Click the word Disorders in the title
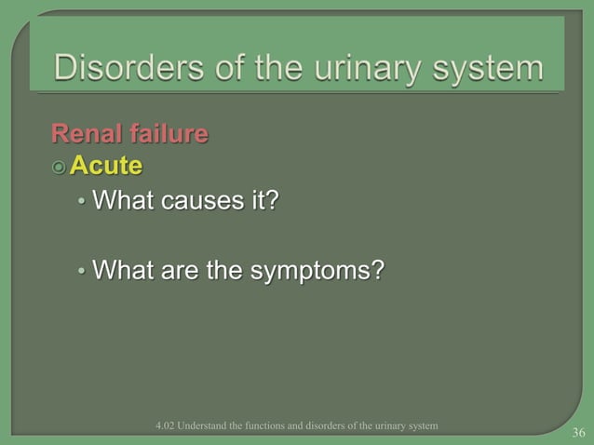click(115, 68)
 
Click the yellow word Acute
click(107, 167)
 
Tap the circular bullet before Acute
click(60, 168)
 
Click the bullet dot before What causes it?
click(82, 202)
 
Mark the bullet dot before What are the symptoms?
click(82, 273)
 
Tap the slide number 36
click(578, 432)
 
